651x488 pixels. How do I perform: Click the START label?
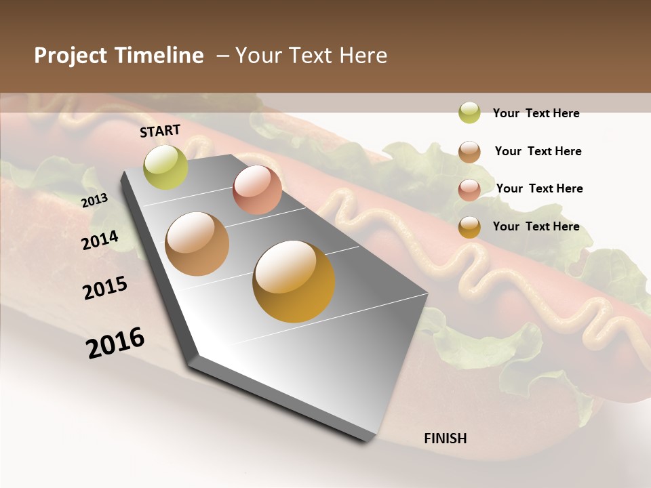tap(160, 131)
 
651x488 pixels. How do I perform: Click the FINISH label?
tap(445, 439)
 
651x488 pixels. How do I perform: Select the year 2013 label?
tap(94, 201)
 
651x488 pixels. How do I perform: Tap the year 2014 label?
tap(100, 241)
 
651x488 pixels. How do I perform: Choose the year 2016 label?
tap(115, 343)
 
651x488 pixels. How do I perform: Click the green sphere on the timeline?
tap(165, 167)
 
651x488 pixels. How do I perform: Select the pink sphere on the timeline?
tap(257, 189)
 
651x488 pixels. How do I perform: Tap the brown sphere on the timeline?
tap(197, 244)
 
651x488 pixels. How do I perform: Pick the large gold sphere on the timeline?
tap(294, 281)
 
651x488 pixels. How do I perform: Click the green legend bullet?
tap(469, 113)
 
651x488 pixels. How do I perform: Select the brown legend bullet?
tap(469, 152)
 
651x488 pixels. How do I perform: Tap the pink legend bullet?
tap(469, 189)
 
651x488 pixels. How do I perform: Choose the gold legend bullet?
tap(469, 227)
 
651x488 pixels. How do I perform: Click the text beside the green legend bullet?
tap(536, 113)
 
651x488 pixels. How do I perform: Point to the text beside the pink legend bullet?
tap(539, 188)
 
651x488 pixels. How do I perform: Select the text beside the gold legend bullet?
tap(536, 226)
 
